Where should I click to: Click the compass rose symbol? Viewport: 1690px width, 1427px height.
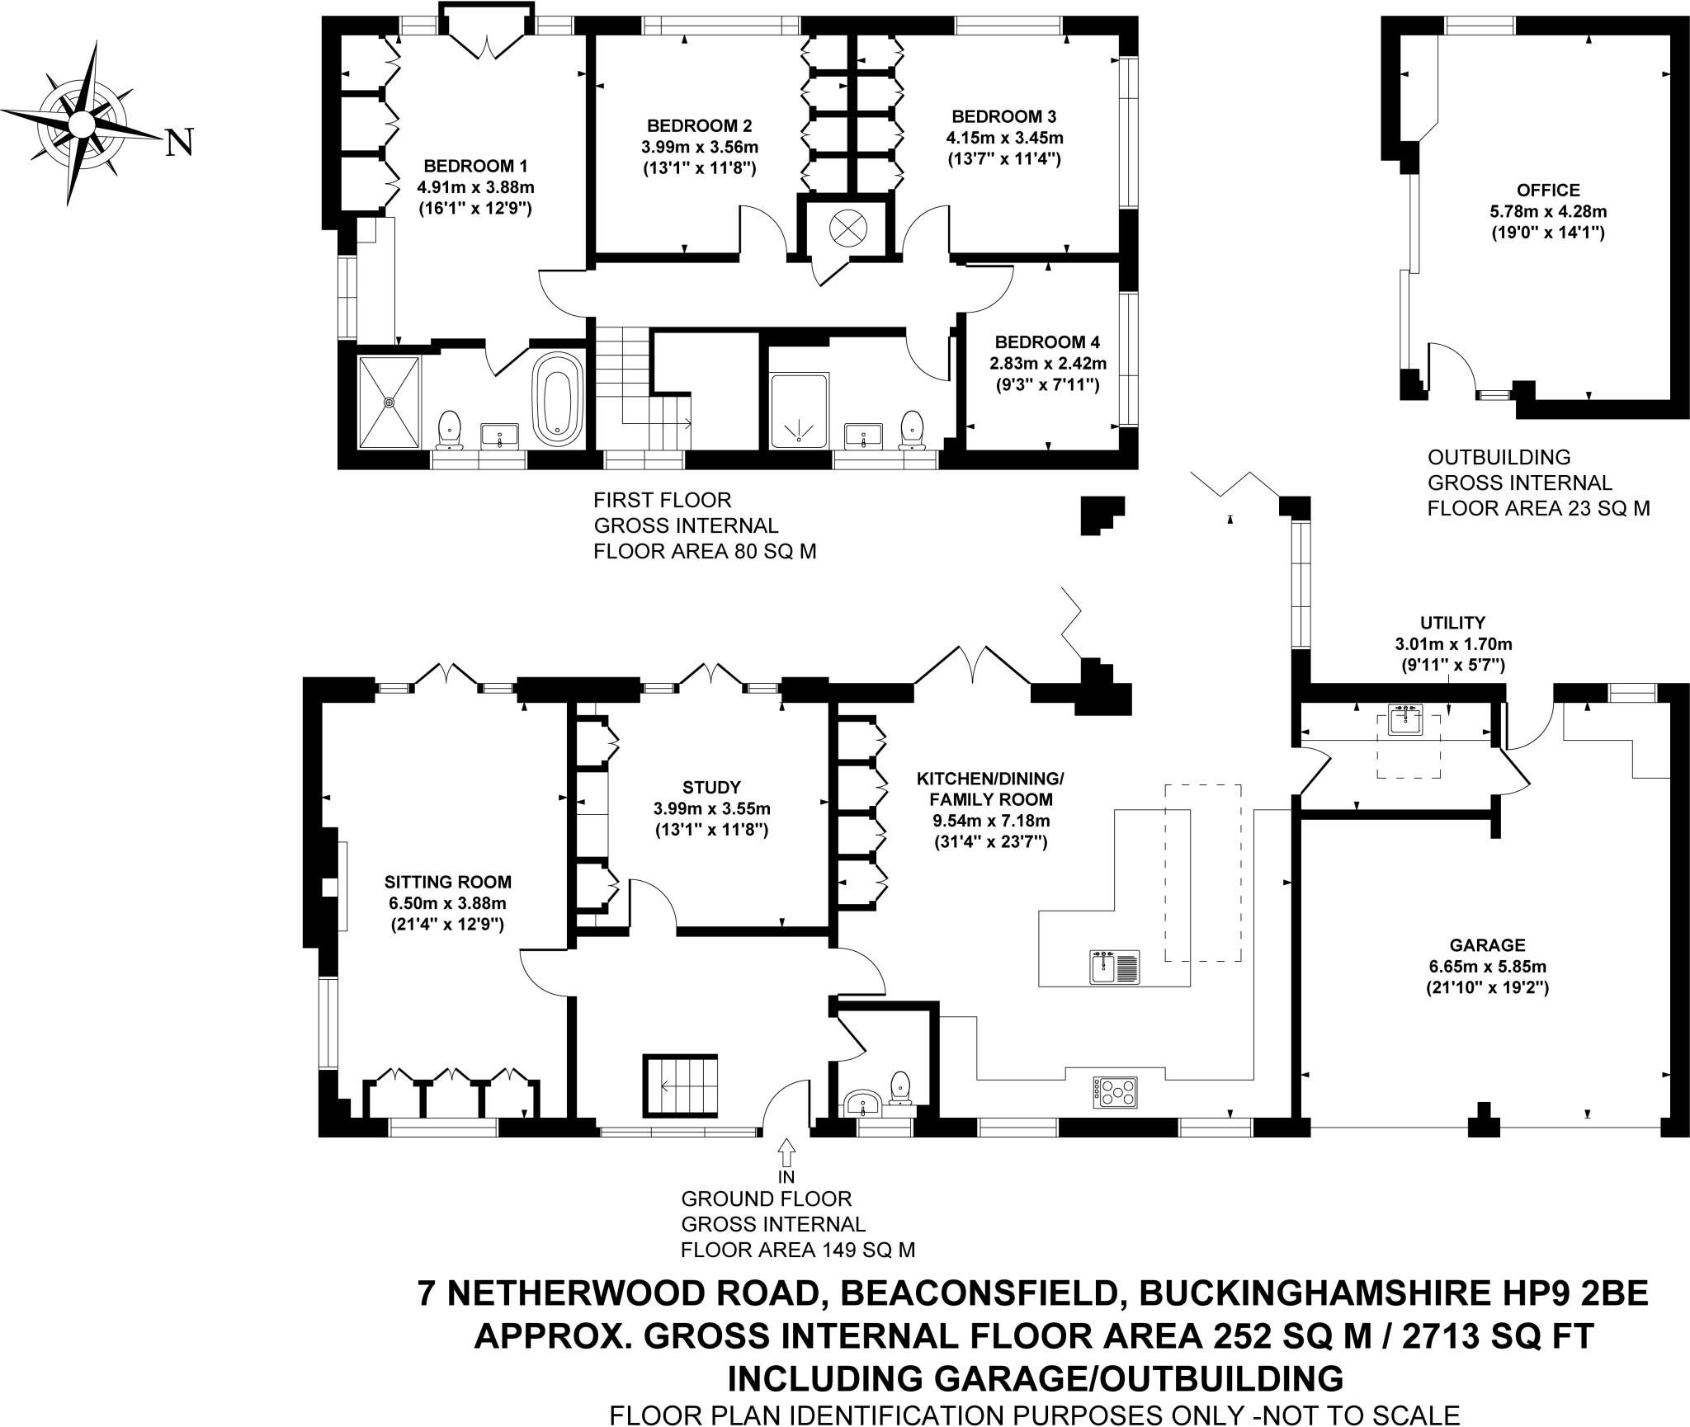click(x=81, y=125)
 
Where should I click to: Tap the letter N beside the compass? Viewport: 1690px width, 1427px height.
click(x=179, y=143)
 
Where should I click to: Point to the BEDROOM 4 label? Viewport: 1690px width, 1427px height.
click(x=1047, y=341)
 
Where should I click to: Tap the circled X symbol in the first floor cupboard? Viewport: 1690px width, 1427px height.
click(x=846, y=227)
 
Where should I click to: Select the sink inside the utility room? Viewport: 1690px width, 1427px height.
click(x=1408, y=719)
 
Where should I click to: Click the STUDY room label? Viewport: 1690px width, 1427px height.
click(x=711, y=787)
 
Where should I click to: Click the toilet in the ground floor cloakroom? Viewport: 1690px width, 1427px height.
click(x=900, y=1087)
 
